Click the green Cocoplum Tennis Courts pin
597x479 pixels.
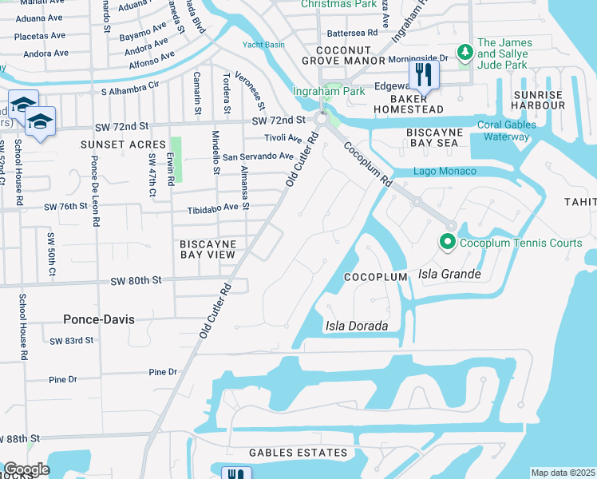tap(448, 242)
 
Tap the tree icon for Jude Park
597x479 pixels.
tap(465, 53)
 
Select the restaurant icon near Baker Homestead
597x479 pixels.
tap(423, 77)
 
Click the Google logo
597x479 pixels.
tap(26, 469)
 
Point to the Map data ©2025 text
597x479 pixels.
tap(563, 473)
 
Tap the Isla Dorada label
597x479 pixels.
tap(356, 326)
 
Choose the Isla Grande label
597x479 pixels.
tap(449, 275)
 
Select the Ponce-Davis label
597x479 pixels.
tap(98, 319)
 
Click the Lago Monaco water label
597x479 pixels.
tap(445, 172)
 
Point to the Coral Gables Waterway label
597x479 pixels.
tap(504, 130)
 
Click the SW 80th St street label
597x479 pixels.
tap(136, 280)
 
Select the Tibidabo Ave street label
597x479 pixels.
tap(212, 207)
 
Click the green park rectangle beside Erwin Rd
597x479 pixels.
tap(176, 159)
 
